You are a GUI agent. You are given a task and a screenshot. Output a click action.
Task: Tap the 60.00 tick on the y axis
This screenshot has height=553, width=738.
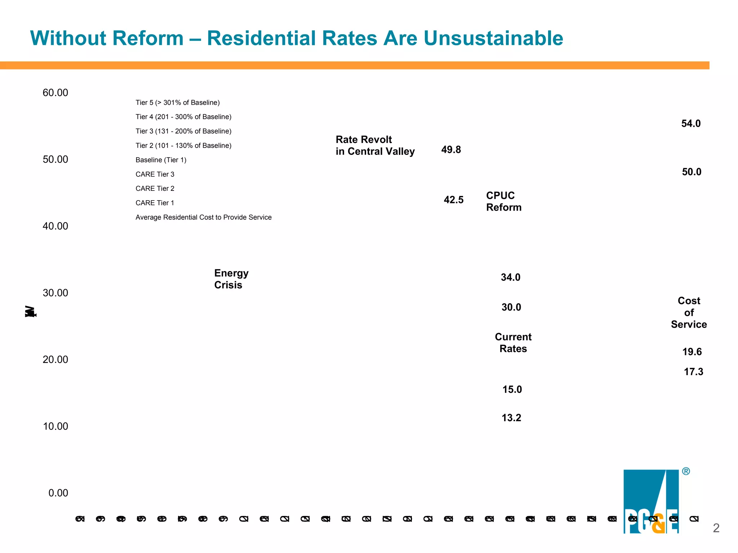click(x=55, y=93)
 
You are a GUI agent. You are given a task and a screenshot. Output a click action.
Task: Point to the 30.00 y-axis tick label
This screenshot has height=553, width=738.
click(x=55, y=293)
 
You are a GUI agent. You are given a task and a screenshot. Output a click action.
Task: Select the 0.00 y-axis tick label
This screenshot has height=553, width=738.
click(x=58, y=493)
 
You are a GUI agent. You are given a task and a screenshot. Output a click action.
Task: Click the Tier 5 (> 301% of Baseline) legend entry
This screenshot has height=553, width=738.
click(x=177, y=103)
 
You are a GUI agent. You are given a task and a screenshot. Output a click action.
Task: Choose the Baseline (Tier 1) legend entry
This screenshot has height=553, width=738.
click(x=161, y=160)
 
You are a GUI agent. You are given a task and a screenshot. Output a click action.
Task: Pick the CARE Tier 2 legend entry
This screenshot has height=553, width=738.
click(x=155, y=189)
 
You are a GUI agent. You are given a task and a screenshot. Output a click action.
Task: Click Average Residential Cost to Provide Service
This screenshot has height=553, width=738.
click(x=203, y=217)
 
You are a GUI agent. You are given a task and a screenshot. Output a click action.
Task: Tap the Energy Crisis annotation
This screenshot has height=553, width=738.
click(x=231, y=279)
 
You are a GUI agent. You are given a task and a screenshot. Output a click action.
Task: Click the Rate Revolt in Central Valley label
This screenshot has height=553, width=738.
click(x=375, y=145)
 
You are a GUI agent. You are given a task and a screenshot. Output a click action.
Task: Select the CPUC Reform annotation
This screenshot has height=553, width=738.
click(x=503, y=201)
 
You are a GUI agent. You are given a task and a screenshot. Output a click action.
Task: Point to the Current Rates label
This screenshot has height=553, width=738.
click(x=513, y=343)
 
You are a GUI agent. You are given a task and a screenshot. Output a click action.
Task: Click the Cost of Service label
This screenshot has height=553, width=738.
click(x=689, y=313)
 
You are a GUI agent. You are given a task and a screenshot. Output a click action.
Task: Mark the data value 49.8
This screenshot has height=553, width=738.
click(x=451, y=150)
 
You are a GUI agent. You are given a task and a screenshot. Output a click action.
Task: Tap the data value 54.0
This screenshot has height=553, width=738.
click(x=691, y=124)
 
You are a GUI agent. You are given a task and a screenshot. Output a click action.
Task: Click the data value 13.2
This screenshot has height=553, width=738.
click(x=511, y=418)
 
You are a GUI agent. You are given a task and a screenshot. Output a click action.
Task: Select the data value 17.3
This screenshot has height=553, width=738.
click(x=693, y=372)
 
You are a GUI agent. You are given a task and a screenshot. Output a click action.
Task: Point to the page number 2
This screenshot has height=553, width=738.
click(x=716, y=528)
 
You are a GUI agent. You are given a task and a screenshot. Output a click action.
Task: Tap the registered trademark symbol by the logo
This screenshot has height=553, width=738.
click(x=686, y=471)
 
